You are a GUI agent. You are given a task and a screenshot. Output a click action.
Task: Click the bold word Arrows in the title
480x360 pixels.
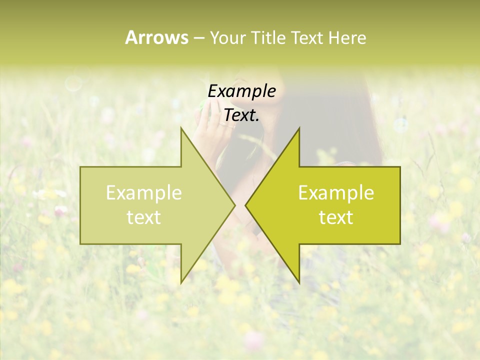(x=156, y=37)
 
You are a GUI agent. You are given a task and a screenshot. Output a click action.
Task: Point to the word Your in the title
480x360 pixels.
(x=226, y=37)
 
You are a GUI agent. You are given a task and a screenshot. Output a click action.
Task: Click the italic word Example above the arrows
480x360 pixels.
(x=242, y=91)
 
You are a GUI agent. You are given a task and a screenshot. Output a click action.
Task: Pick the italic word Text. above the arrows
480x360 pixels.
(x=242, y=115)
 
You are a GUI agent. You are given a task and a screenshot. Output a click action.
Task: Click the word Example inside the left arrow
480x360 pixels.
(x=144, y=193)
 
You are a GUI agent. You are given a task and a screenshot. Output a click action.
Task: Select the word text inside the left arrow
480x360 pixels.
(x=144, y=217)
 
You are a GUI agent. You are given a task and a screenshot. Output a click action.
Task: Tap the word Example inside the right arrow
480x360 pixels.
(x=336, y=193)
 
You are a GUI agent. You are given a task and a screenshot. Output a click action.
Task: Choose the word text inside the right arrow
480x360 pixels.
(x=336, y=217)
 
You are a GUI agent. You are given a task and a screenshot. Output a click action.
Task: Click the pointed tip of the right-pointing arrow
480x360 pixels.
(x=235, y=205)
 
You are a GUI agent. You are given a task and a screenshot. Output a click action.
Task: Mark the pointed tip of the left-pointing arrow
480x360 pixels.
(x=245, y=205)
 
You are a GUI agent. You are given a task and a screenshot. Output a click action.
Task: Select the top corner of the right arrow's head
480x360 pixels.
(x=299, y=128)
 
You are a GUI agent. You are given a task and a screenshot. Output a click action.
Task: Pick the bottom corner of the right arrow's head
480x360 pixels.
(x=299, y=283)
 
